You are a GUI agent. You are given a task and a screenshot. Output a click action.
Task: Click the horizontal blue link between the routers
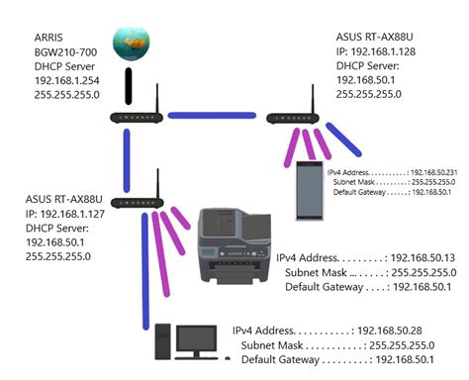click(x=212, y=117)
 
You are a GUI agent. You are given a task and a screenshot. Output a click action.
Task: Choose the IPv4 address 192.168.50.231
click(x=436, y=172)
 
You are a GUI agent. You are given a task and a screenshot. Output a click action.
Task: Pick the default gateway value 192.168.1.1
click(x=438, y=192)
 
